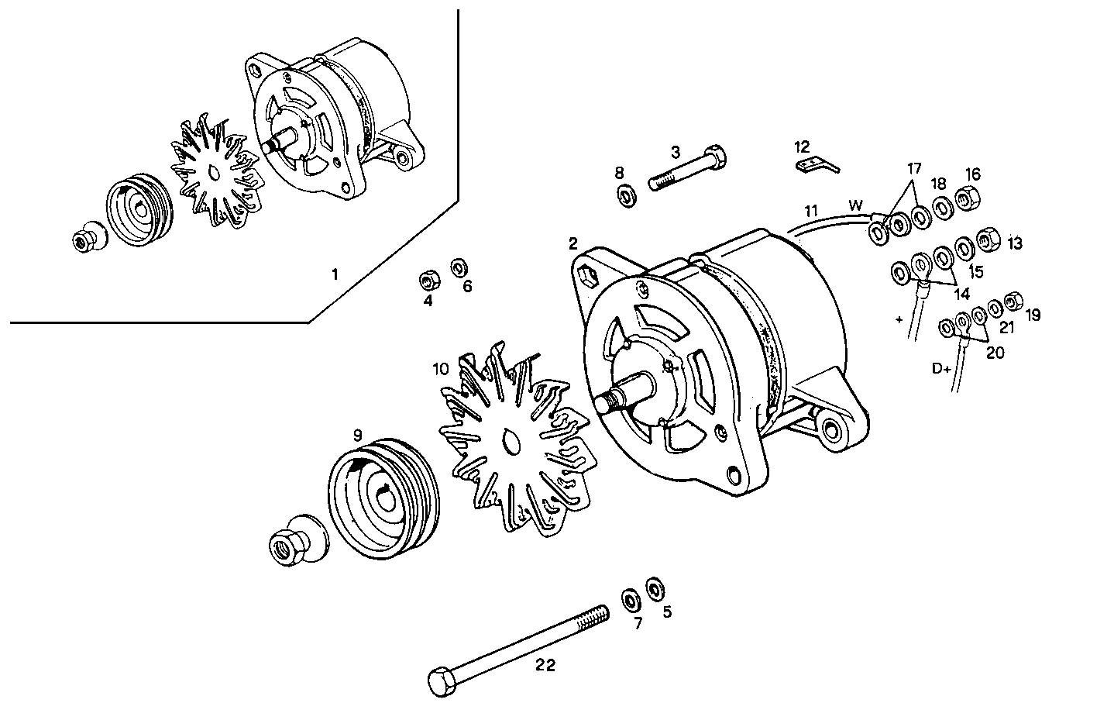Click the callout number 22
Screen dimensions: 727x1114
[x=545, y=665]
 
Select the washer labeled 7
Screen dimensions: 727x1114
[x=630, y=599]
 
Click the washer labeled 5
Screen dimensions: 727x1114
[x=655, y=588]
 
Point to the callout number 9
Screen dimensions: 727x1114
[x=357, y=436]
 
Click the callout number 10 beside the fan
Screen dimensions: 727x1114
[x=440, y=369]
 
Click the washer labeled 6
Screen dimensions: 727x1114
[x=459, y=268]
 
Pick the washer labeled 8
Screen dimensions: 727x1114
[x=625, y=195]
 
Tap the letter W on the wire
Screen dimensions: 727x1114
[x=855, y=205]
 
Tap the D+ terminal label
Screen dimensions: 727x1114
[x=941, y=369]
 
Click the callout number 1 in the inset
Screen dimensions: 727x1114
[x=335, y=274]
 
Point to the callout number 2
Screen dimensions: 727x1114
[x=572, y=243]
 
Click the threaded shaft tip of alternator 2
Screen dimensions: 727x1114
[x=607, y=402]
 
